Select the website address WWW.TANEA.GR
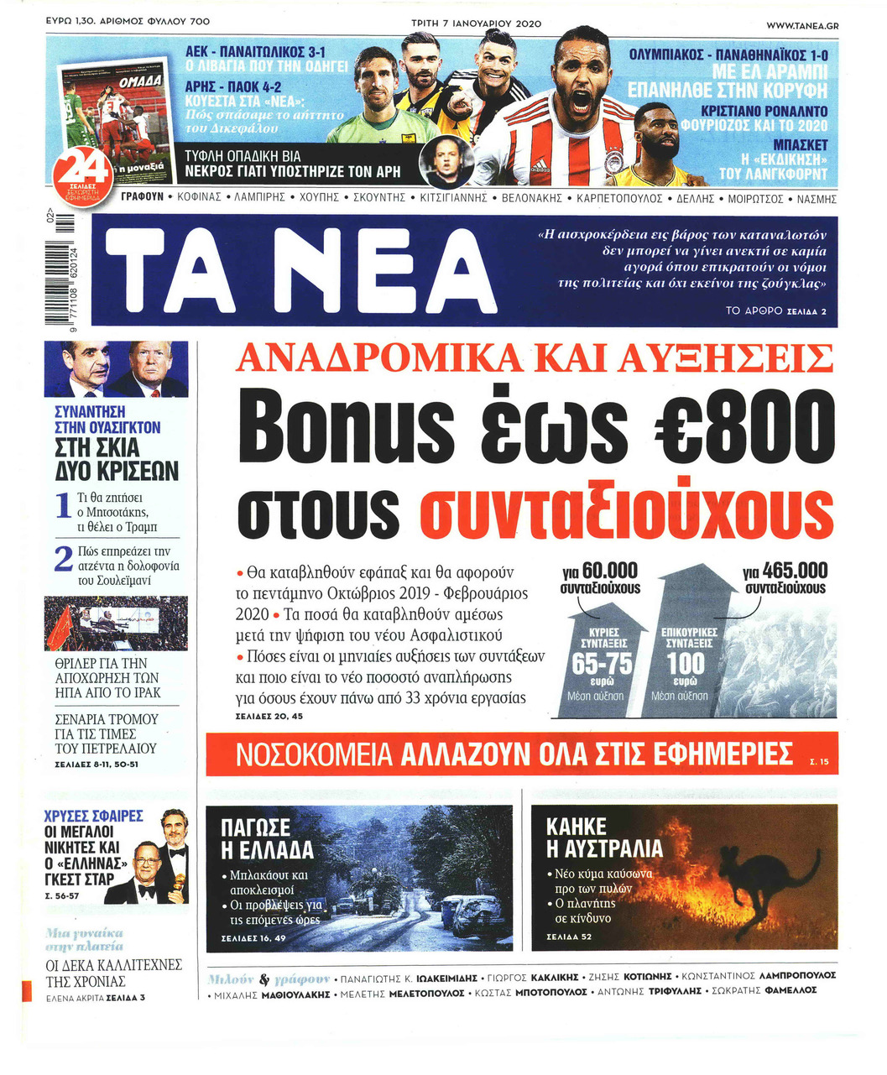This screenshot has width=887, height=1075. click(801, 25)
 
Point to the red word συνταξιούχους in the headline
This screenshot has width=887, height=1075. click(625, 507)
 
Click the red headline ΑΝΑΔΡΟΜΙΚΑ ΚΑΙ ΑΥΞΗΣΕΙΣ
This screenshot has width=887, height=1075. click(535, 358)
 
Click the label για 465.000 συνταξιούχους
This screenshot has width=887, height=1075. click(785, 578)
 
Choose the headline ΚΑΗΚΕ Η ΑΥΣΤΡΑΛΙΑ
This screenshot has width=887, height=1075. click(603, 838)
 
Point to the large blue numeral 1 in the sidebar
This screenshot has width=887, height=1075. click(62, 507)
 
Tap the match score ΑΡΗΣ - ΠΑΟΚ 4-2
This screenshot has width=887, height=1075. click(233, 86)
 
